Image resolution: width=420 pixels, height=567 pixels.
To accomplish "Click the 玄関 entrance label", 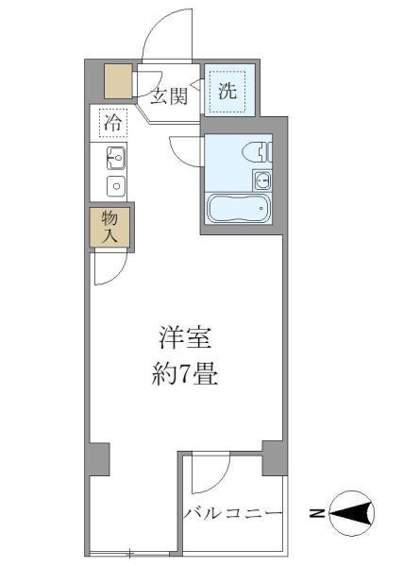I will coord(171,94).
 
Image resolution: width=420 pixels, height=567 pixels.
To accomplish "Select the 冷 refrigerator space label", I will coord(113,122).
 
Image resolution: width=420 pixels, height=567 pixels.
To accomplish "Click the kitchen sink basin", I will coord(116,157).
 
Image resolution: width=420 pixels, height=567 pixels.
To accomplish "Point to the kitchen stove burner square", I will coord(116,184).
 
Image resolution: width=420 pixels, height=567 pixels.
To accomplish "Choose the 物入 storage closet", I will coord(109,227).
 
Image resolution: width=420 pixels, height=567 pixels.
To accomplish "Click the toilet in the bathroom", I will coord(255,150).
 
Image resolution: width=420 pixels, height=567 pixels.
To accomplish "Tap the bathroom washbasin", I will coord(261,180).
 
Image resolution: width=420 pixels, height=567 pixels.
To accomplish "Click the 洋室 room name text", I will coord(183,338).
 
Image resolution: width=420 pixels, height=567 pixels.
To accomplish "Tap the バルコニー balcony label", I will coord(232,513).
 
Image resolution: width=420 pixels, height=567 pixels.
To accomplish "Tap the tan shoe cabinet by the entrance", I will coord(118,82).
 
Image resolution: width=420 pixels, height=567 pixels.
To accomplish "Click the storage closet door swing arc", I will coord(108,269).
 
